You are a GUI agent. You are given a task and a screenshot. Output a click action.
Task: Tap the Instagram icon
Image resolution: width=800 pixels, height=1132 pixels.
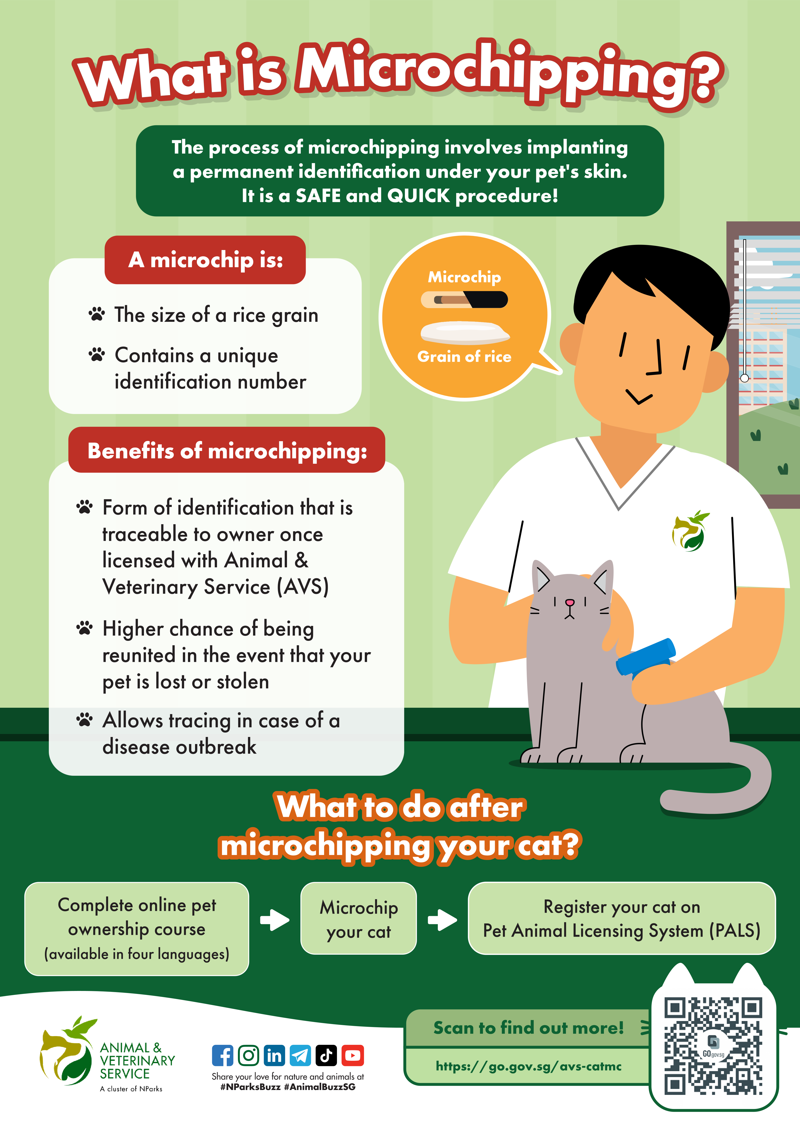(x=248, y=1056)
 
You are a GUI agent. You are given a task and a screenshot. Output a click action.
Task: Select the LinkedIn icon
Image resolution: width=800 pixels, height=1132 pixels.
(x=274, y=1056)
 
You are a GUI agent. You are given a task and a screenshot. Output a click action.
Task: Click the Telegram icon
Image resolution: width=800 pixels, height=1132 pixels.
(x=300, y=1056)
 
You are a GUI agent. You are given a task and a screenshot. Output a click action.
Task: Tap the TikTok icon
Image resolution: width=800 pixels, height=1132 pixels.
(x=326, y=1056)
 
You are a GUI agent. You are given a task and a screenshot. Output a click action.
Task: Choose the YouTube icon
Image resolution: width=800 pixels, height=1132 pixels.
(x=352, y=1056)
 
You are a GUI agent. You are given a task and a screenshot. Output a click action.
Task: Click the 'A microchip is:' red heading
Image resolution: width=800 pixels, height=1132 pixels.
(x=205, y=260)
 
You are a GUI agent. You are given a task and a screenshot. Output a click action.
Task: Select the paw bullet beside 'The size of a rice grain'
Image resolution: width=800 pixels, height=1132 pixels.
(x=97, y=314)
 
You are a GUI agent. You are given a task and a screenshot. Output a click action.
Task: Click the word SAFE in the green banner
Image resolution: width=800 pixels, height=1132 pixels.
(x=318, y=196)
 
